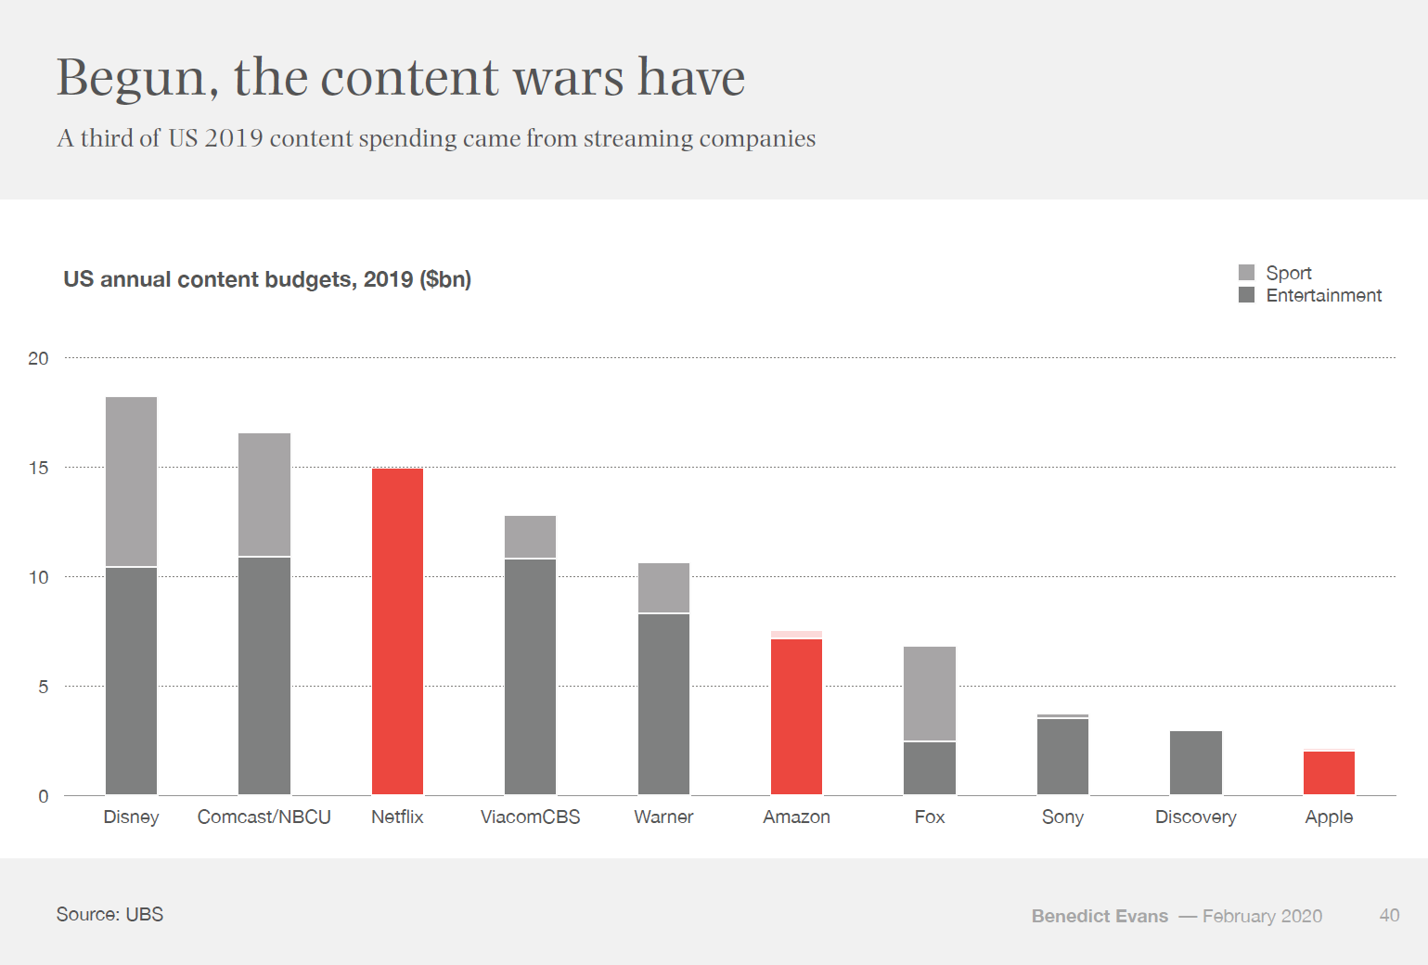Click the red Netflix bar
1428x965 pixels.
pyautogui.click(x=397, y=631)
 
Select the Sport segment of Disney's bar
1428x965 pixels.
pyautogui.click(x=131, y=481)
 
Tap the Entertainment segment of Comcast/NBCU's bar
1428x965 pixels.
pyautogui.click(x=264, y=675)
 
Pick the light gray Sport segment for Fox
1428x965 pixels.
pyautogui.click(x=930, y=693)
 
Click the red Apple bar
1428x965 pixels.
pyautogui.click(x=1329, y=773)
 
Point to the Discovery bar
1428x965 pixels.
pyautogui.click(x=1196, y=763)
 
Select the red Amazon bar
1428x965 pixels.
pyautogui.click(x=796, y=716)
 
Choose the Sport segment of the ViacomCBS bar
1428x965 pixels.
pyautogui.click(x=530, y=536)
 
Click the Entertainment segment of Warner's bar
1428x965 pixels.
pyautogui.click(x=663, y=703)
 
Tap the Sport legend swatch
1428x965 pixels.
pyautogui.click(x=1246, y=273)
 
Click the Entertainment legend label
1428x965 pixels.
pyautogui.click(x=1323, y=295)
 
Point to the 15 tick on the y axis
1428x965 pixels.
pyautogui.click(x=38, y=468)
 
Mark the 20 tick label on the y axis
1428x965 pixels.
pyautogui.click(x=38, y=358)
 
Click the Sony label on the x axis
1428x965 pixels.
pyautogui.click(x=1062, y=817)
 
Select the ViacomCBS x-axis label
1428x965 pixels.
pyautogui.click(x=530, y=817)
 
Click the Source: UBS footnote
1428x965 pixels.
pyautogui.click(x=109, y=914)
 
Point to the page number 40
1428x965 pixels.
pyautogui.click(x=1389, y=915)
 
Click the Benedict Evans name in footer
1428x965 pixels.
pyautogui.click(x=1100, y=916)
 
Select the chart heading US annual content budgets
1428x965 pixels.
pyautogui.click(x=267, y=279)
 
